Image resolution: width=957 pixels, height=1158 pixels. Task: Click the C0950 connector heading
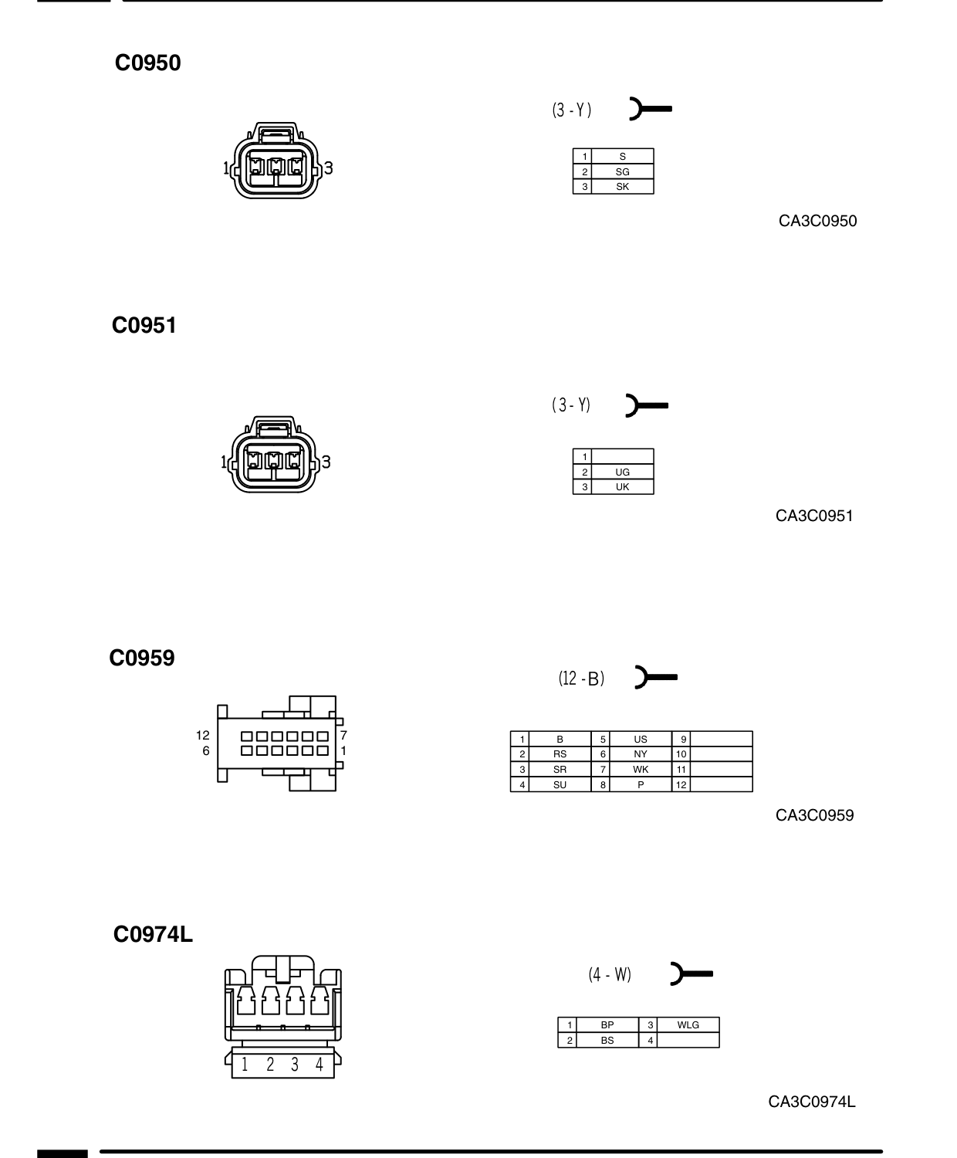point(147,63)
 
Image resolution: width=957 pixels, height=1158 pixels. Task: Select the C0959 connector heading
point(142,658)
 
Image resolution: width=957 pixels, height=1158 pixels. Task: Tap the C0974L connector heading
point(153,934)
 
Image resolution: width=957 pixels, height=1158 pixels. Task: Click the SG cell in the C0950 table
point(623,172)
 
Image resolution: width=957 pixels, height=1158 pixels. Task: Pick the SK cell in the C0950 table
point(623,187)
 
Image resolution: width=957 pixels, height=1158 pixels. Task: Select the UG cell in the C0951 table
point(623,472)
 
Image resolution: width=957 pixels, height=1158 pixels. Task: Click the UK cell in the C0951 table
point(623,487)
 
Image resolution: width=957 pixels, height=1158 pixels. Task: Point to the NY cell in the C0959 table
point(641,754)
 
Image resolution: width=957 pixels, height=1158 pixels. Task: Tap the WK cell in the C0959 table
point(641,769)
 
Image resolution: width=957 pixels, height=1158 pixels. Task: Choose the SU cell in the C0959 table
point(560,785)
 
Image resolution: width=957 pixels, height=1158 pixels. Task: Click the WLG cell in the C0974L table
point(688,1025)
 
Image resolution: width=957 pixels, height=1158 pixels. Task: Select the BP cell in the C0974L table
point(607,1025)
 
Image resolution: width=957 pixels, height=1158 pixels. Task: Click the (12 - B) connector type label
point(581,679)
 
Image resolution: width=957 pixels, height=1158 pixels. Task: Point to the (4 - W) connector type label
point(610,974)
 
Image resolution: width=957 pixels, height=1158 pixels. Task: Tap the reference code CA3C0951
point(814,516)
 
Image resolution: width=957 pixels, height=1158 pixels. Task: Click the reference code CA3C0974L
point(812,1102)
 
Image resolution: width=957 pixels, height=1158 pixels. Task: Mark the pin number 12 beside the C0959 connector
point(203,736)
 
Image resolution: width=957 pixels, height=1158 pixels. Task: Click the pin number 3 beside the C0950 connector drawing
point(328,168)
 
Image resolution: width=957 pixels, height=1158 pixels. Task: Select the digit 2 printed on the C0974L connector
point(270,1065)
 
